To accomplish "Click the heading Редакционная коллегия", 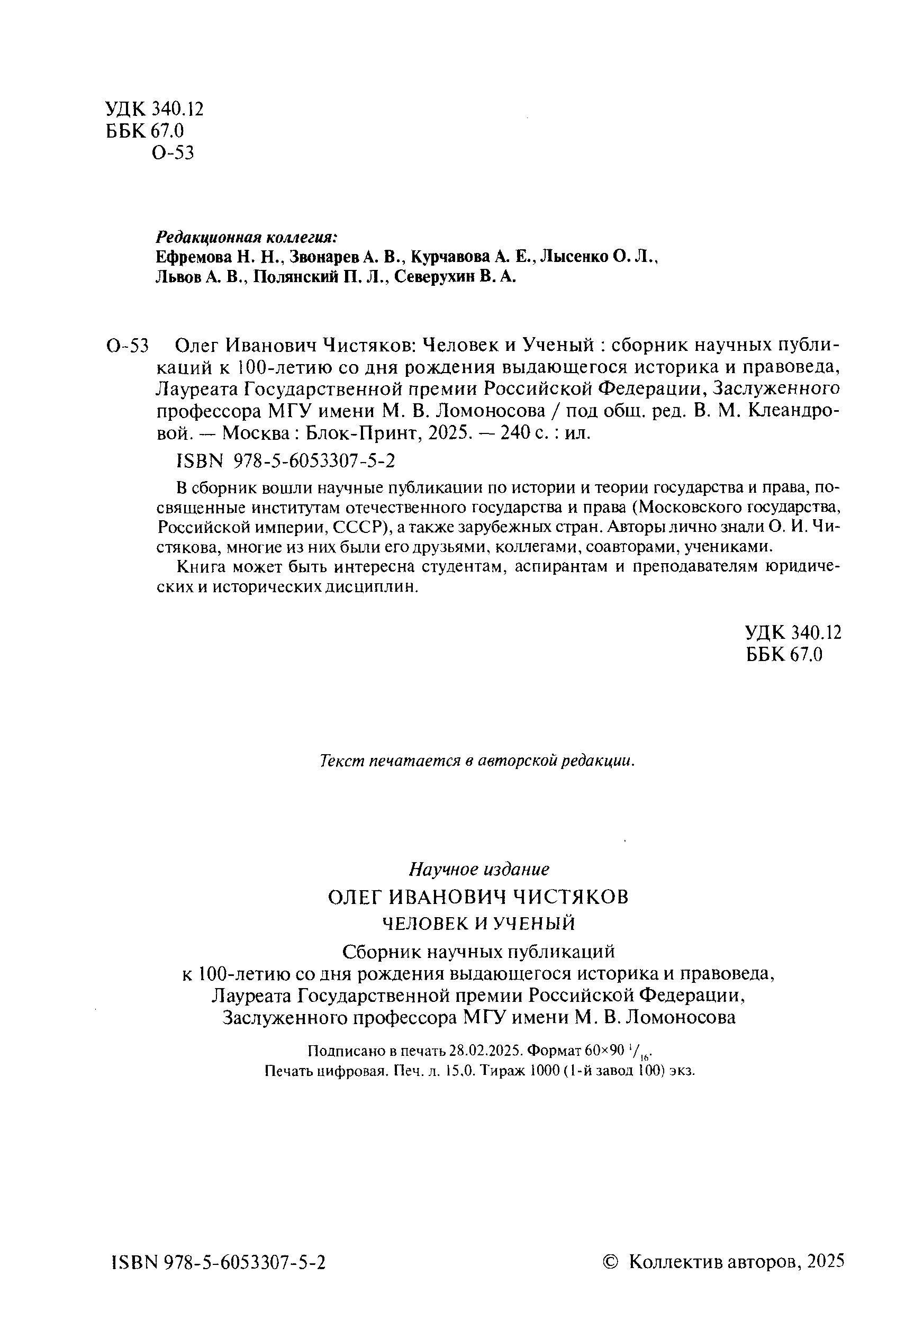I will [x=247, y=237].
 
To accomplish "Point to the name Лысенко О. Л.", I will [x=599, y=257].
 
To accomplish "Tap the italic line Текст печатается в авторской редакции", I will [x=477, y=761].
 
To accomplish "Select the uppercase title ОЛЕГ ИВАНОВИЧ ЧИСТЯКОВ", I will [x=478, y=897].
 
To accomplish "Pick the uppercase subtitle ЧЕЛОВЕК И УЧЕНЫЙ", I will [x=478, y=923].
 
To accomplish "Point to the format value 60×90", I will [x=604, y=1051].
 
